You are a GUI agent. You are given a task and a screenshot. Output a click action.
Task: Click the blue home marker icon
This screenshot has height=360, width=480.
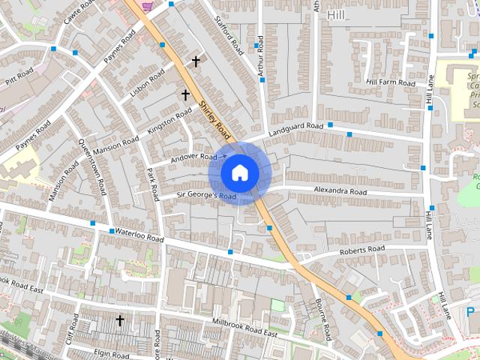[238, 172]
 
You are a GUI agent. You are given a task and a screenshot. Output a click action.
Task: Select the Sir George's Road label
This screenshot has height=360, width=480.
[206, 196]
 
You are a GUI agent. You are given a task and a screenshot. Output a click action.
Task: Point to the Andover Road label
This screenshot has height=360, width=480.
[193, 157]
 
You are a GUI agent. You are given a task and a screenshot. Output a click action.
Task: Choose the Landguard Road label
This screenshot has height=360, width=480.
[296, 126]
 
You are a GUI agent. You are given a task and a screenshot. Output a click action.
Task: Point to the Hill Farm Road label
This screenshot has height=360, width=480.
[391, 82]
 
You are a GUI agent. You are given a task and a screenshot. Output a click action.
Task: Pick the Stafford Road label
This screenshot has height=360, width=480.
[229, 34]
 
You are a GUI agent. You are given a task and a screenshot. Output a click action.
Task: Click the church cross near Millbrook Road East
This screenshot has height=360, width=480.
[119, 320]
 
